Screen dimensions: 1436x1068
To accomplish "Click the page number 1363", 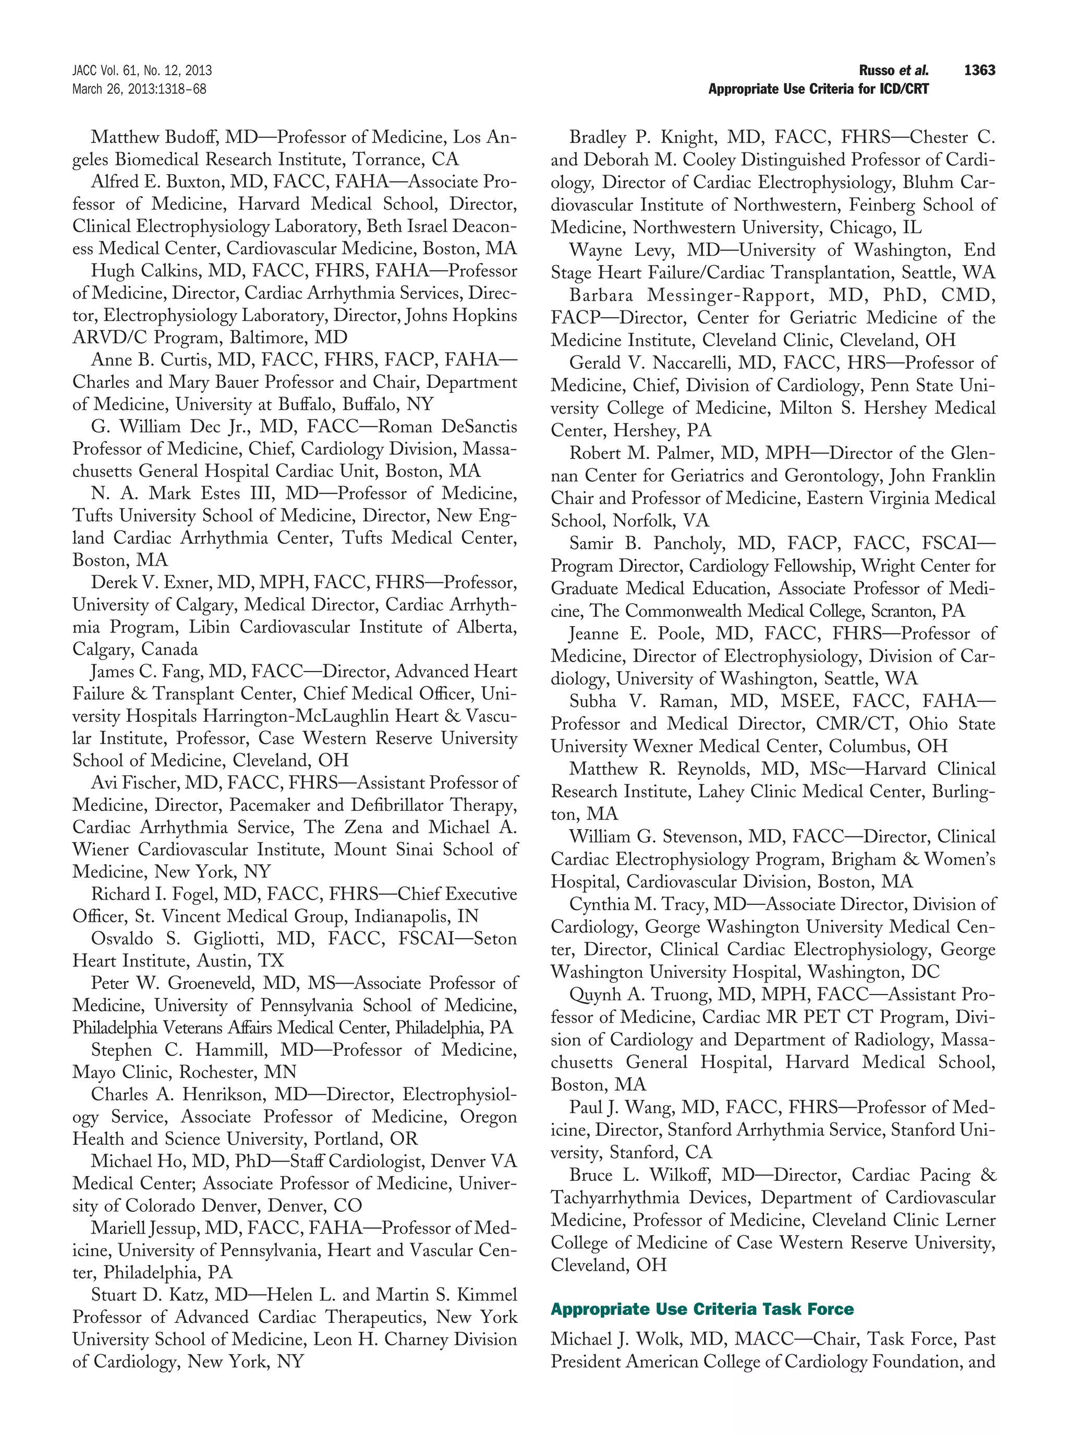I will pyautogui.click(x=979, y=70).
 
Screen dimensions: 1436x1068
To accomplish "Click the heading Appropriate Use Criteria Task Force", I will pyautogui.click(x=702, y=1309).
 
